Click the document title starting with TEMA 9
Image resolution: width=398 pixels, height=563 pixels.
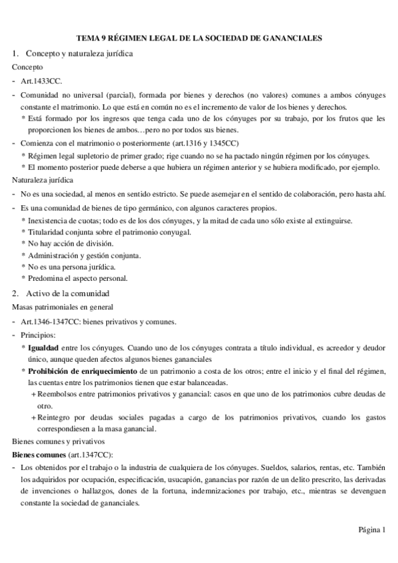pos(199,39)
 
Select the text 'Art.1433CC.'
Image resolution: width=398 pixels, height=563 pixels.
pos(42,82)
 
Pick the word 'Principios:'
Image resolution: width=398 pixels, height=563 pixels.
pos(39,335)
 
